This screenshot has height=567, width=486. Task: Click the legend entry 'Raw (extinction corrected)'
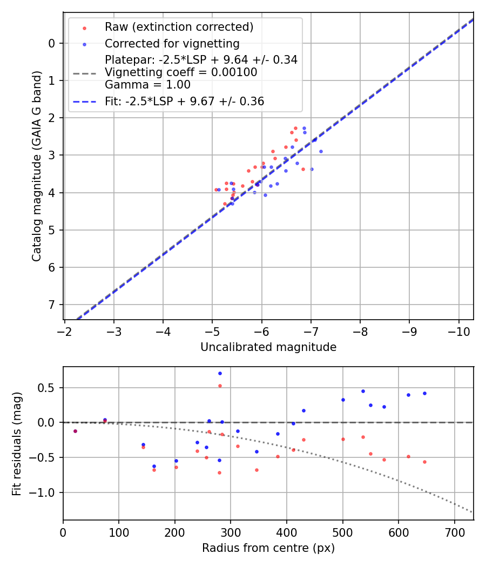pyautogui.click(x=179, y=27)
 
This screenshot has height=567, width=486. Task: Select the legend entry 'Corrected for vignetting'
pyautogui.click(x=172, y=43)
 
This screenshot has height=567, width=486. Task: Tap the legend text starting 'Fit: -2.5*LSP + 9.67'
pyautogui.click(x=184, y=101)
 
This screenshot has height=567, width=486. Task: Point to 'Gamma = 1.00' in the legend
pyautogui.click(x=147, y=84)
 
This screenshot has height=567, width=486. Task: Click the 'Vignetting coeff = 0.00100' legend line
pyautogui.click(x=181, y=72)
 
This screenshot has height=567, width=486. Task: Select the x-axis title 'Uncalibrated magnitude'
pyautogui.click(x=268, y=347)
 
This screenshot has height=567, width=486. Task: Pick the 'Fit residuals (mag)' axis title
pyautogui.click(x=17, y=443)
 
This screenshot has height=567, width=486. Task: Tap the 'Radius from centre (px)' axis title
pyautogui.click(x=268, y=548)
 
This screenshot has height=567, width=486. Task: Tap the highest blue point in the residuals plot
pyautogui.click(x=220, y=373)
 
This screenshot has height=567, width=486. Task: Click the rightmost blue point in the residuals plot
pyautogui.click(x=424, y=393)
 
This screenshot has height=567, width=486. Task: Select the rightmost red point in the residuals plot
pyautogui.click(x=424, y=462)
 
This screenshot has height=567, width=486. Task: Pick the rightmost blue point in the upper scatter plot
pyautogui.click(x=321, y=151)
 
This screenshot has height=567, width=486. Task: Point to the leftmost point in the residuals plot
pyautogui.click(x=75, y=431)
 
